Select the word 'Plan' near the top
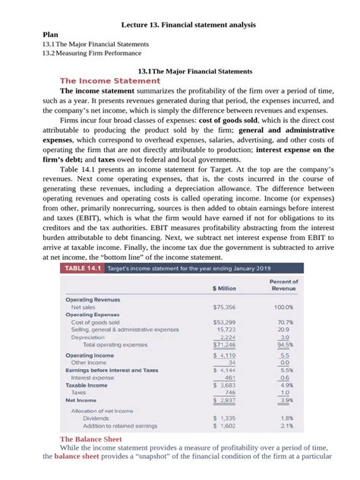click(50, 35)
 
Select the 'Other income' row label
click(89, 362)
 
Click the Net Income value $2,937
click(225, 399)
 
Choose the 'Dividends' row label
click(96, 418)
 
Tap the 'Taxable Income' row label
click(87, 385)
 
